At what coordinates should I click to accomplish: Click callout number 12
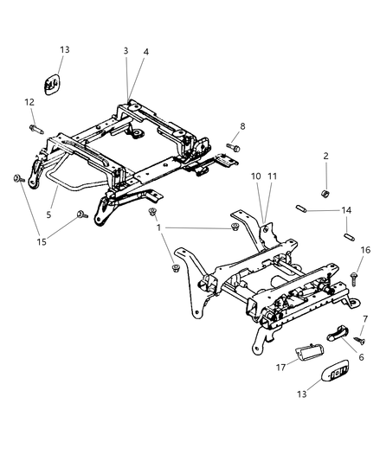(x=29, y=102)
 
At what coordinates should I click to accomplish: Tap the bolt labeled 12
(x=36, y=129)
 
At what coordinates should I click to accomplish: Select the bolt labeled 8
(x=233, y=146)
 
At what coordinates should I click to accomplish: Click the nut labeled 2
(x=325, y=194)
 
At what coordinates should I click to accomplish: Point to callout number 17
(x=280, y=368)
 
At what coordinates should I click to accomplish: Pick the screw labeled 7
(x=360, y=341)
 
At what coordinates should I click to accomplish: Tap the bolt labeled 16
(x=354, y=279)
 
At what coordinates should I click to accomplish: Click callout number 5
(x=48, y=214)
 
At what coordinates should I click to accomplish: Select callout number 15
(x=42, y=242)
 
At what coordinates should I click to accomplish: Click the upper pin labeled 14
(x=301, y=208)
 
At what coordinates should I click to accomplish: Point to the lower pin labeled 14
(x=349, y=236)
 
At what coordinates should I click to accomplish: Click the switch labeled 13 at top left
(x=52, y=85)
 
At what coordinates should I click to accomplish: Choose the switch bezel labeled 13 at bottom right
(x=335, y=370)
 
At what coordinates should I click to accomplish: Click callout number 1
(x=159, y=227)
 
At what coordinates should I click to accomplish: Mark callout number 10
(x=256, y=176)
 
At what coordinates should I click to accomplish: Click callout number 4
(x=146, y=52)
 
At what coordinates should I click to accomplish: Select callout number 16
(x=365, y=250)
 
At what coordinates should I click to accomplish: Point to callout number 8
(x=242, y=126)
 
